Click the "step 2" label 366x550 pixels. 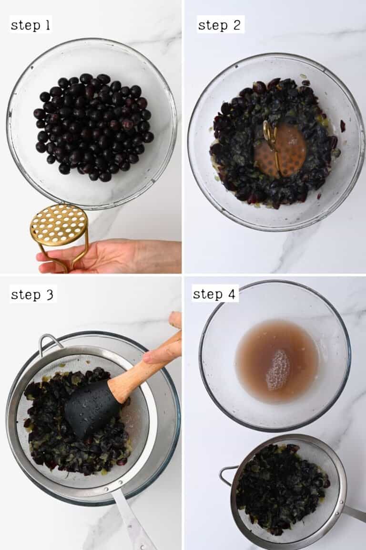tap(220, 24)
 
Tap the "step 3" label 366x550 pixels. tap(32, 294)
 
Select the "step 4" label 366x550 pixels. tap(215, 294)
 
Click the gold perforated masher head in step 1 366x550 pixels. tap(59, 224)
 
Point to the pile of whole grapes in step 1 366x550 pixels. tap(93, 127)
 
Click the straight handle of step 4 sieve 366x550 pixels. tap(354, 513)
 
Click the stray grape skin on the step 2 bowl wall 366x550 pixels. tap(343, 126)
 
